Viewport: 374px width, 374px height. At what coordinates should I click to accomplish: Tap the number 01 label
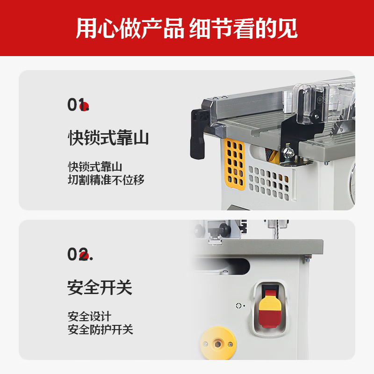tap(76, 105)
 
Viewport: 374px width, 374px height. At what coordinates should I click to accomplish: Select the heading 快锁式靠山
tap(108, 138)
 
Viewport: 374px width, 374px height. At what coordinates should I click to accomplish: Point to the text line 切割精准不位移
tap(106, 180)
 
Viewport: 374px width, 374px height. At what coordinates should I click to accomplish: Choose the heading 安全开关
tap(100, 287)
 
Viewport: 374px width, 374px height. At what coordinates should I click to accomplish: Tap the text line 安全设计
tap(89, 316)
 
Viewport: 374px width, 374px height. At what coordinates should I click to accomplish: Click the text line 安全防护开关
tap(101, 330)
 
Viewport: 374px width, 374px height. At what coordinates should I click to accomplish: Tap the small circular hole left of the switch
tap(238, 306)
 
